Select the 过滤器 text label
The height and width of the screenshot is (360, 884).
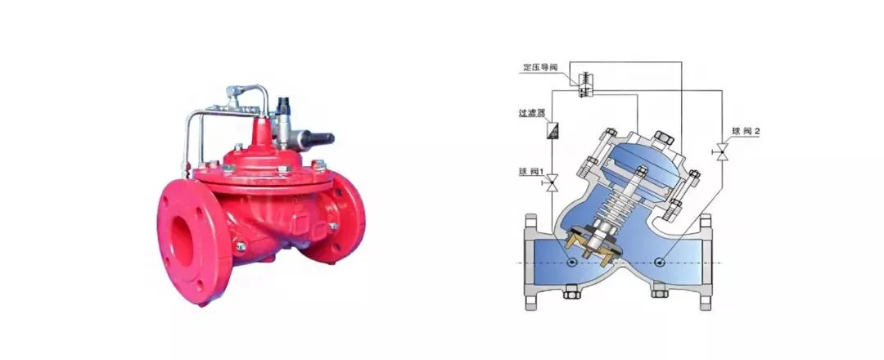[532, 113]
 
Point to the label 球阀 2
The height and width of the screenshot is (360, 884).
[746, 131]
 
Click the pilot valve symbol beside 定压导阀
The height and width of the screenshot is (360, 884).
[584, 84]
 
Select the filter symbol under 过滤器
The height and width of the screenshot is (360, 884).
[552, 130]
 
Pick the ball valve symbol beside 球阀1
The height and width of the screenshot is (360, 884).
[552, 182]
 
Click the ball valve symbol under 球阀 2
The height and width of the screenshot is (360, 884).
[721, 151]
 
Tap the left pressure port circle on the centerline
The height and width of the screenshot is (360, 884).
[571, 262]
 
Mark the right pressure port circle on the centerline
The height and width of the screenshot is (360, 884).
[661, 262]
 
